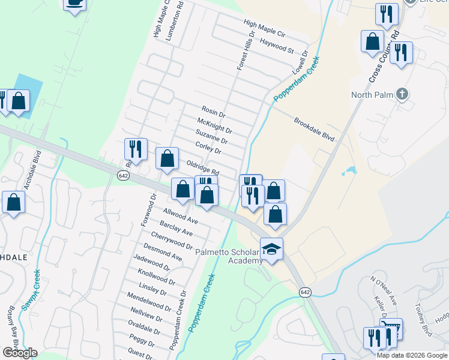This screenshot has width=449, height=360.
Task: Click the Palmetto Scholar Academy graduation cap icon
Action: tap(271, 248)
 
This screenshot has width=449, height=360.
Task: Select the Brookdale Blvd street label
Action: tap(314, 129)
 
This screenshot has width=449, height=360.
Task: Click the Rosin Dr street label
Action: tap(213, 112)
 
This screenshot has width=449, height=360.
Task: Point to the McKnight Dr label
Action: tap(214, 126)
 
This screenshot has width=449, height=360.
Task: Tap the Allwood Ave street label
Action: tap(181, 217)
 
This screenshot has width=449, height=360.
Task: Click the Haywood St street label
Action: tap(276, 46)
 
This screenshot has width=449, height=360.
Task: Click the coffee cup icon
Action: tap(74, 3)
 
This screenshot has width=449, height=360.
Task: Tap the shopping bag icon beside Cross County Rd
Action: tap(372, 42)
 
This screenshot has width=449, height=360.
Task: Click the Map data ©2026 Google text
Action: tap(411, 355)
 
